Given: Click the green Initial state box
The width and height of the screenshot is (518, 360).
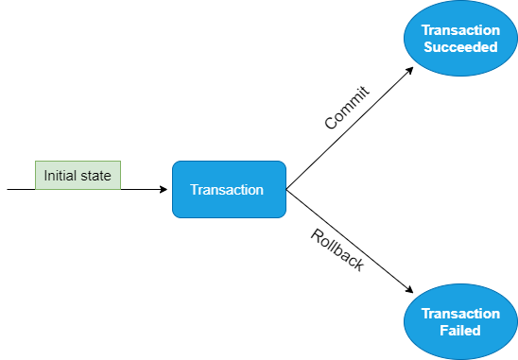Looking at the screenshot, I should point(78,175).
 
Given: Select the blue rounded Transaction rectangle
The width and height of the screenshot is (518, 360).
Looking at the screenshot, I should point(228,189).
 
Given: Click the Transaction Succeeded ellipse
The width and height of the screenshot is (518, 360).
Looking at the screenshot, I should point(460,39).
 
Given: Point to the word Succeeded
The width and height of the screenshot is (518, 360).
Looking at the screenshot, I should point(460,47).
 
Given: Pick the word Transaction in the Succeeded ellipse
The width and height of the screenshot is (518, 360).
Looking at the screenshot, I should point(460,30).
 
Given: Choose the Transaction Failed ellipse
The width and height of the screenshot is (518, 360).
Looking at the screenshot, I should point(460,321).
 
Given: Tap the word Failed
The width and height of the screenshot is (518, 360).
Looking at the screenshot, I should point(460,331).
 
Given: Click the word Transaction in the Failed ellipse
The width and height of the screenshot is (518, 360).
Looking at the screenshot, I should point(460,313).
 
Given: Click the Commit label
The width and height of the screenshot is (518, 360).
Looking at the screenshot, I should point(346,107).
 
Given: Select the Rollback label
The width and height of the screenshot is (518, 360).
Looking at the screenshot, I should point(337,250).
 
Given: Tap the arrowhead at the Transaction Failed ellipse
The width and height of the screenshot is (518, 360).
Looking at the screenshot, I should point(412,290).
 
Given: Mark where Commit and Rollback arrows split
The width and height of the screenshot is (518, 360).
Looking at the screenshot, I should point(286,189).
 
